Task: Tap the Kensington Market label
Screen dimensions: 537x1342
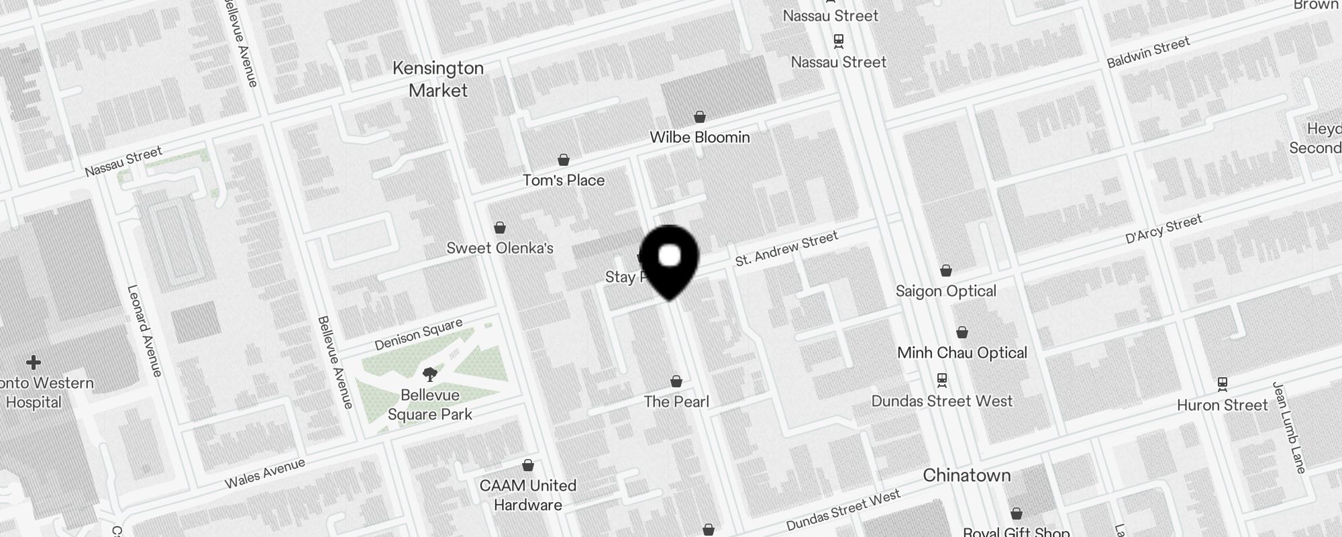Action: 438,79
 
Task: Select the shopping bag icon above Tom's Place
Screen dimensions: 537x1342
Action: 564,160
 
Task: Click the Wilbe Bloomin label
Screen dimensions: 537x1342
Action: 700,138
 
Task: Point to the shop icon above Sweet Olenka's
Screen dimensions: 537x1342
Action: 500,228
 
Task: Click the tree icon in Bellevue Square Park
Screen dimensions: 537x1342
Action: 430,374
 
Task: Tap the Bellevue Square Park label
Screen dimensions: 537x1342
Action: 430,405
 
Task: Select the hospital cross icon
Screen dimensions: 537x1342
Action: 33,363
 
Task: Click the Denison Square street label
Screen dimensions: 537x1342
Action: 419,334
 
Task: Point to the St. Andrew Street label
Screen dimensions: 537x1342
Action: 786,248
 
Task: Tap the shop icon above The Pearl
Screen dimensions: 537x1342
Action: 676,381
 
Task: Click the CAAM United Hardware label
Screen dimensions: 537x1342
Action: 528,495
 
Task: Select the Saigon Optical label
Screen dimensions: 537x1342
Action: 946,291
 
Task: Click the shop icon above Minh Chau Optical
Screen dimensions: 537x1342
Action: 962,332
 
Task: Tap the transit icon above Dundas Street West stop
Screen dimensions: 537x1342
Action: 942,380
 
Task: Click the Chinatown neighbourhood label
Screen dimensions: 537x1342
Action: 966,475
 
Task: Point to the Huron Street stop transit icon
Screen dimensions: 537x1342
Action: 1223,384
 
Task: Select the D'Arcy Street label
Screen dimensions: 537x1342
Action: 1164,230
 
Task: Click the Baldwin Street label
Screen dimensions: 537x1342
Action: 1148,52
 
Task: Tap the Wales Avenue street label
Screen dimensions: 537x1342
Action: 264,473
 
